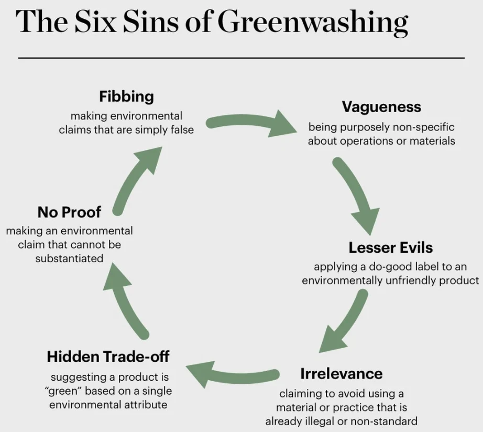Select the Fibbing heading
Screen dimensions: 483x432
(x=126, y=96)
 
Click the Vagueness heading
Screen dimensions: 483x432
(x=381, y=107)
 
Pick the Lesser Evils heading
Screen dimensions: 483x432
(x=391, y=247)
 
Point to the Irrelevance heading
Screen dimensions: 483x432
(x=342, y=373)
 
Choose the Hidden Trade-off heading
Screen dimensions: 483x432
(x=108, y=357)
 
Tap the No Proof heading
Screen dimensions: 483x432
(x=69, y=212)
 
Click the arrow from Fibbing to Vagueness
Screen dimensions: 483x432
(x=251, y=122)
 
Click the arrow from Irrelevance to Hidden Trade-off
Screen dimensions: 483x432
(x=233, y=374)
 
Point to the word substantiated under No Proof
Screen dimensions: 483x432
(x=69, y=258)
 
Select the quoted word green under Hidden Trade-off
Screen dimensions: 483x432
(x=63, y=391)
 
